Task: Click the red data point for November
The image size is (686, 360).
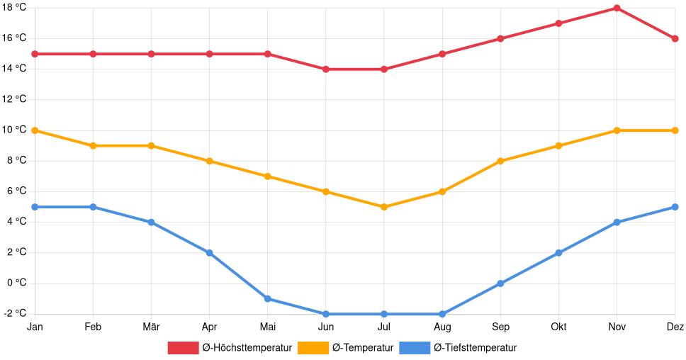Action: tap(617, 9)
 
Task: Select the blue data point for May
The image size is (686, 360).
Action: tap(268, 299)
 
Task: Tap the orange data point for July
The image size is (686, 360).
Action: tap(384, 207)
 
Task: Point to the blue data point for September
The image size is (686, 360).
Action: tap(500, 283)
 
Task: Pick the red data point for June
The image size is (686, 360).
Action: tap(326, 69)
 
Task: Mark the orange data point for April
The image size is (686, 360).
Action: tap(209, 161)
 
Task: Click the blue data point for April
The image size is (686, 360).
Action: tap(209, 253)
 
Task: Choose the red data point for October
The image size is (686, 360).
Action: tap(558, 23)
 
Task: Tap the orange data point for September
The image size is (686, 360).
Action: tap(500, 161)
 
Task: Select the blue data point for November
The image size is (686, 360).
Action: tap(617, 223)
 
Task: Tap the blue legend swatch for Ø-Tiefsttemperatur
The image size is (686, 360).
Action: tap(415, 348)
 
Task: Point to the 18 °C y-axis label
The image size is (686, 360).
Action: tap(13, 8)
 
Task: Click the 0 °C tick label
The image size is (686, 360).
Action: tap(16, 283)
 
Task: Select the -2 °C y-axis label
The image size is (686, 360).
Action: tap(15, 314)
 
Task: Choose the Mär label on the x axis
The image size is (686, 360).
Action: tap(151, 327)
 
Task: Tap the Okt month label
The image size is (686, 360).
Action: tap(558, 327)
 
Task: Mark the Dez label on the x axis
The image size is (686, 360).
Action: tap(675, 327)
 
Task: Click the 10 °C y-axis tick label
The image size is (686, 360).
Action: tap(13, 130)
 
